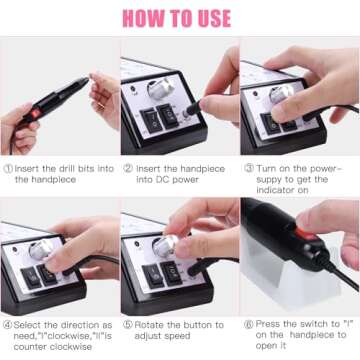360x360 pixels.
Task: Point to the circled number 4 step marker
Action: tap(8, 325)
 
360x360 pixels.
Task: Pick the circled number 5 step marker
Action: tap(128, 325)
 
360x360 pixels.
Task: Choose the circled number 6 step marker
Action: tap(247, 325)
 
